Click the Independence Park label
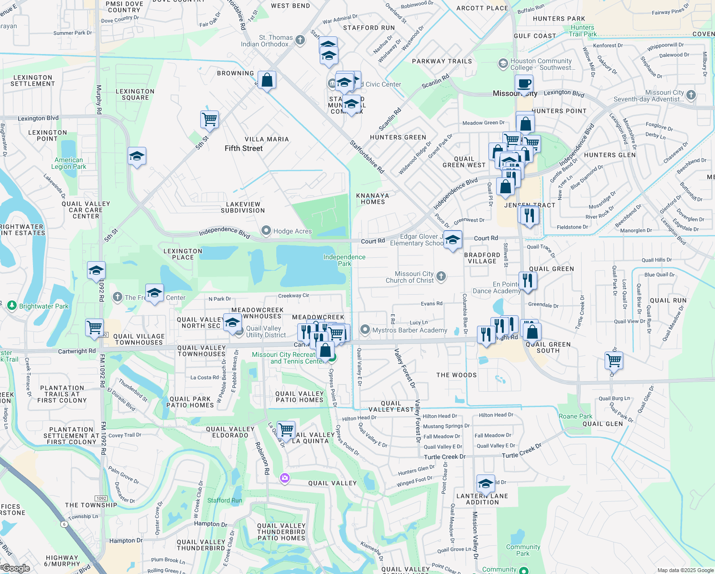click(x=344, y=260)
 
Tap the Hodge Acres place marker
click(x=266, y=231)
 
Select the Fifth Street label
click(x=244, y=148)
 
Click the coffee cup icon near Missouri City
click(x=524, y=84)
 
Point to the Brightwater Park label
click(x=44, y=306)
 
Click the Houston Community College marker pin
click(x=503, y=64)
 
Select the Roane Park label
click(x=575, y=416)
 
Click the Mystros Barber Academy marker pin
click(x=365, y=330)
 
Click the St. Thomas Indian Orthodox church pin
click(x=300, y=40)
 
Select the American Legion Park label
click(x=69, y=164)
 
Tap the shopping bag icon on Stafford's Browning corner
click(x=267, y=81)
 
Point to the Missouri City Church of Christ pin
click(x=441, y=276)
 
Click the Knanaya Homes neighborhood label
click(x=373, y=199)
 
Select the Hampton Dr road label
click(x=211, y=524)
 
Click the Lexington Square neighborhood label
click(x=135, y=94)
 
